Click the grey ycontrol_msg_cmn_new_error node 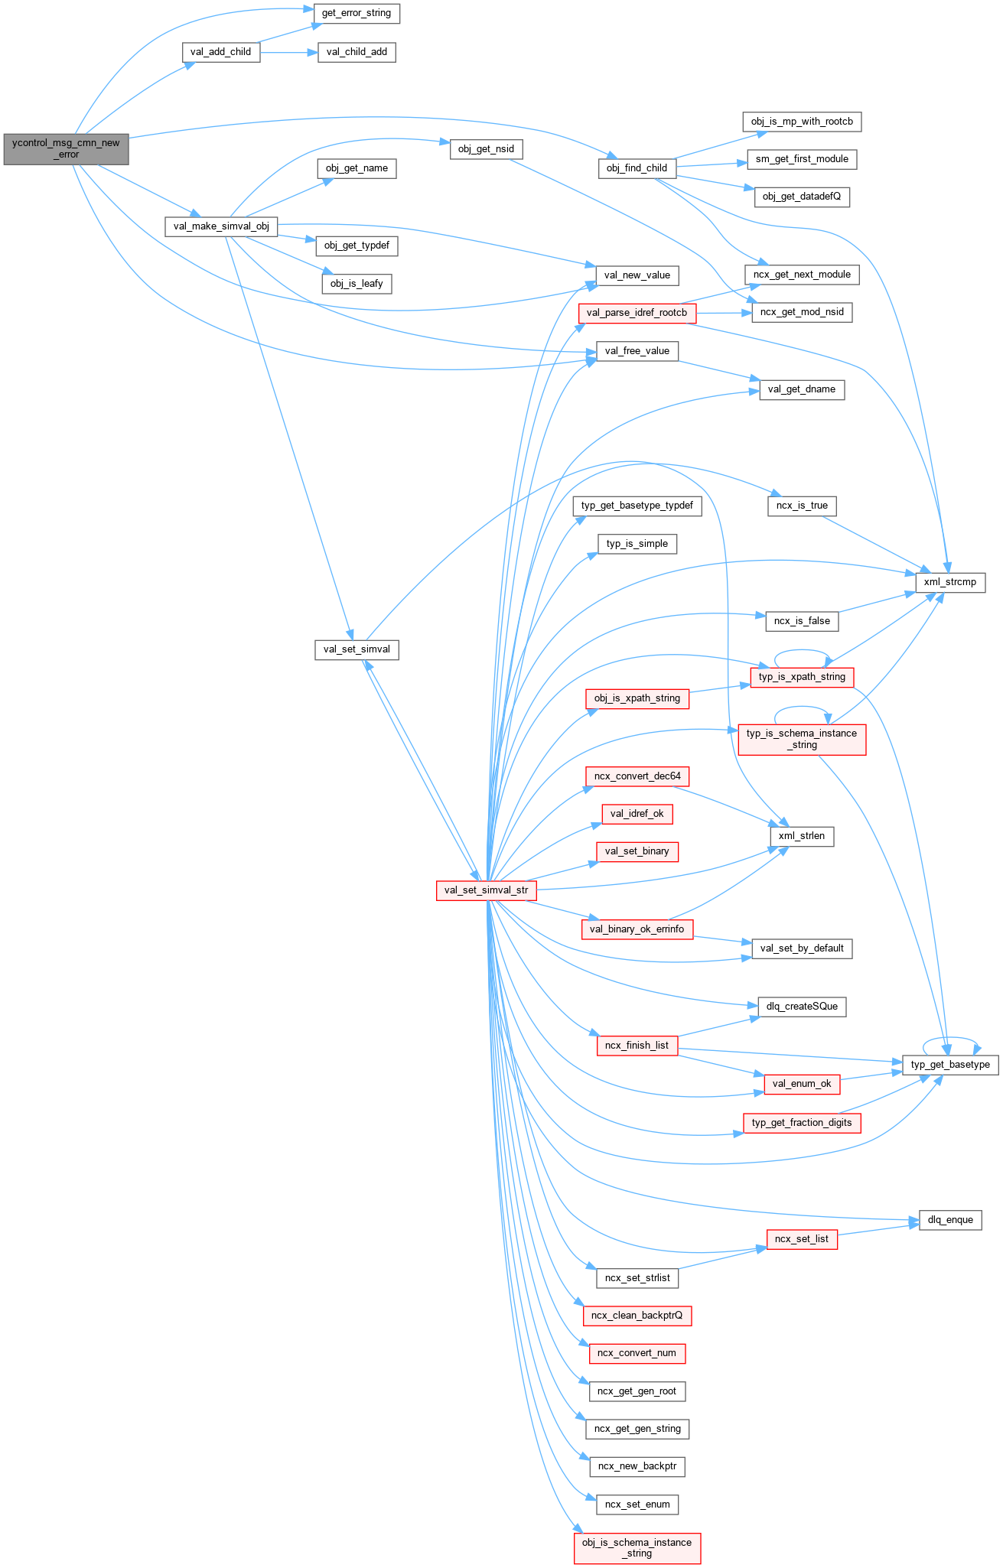click(x=66, y=148)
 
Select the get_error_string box click(x=357, y=13)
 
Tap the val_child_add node click(x=357, y=52)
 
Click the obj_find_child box click(x=637, y=168)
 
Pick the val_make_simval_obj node click(x=221, y=226)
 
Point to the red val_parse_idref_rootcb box click(x=637, y=313)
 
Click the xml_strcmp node click(x=949, y=582)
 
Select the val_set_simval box click(x=357, y=649)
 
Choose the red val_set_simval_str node click(x=486, y=890)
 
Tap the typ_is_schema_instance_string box click(x=802, y=739)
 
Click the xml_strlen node click(x=801, y=836)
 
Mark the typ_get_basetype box click(x=950, y=1065)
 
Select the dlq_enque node click(x=950, y=1220)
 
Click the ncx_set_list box click(x=801, y=1239)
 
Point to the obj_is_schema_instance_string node click(x=637, y=1548)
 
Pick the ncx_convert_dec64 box click(x=637, y=776)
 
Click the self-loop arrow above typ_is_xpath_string click(x=802, y=652)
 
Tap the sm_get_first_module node click(x=802, y=159)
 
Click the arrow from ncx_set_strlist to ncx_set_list click(x=722, y=1259)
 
